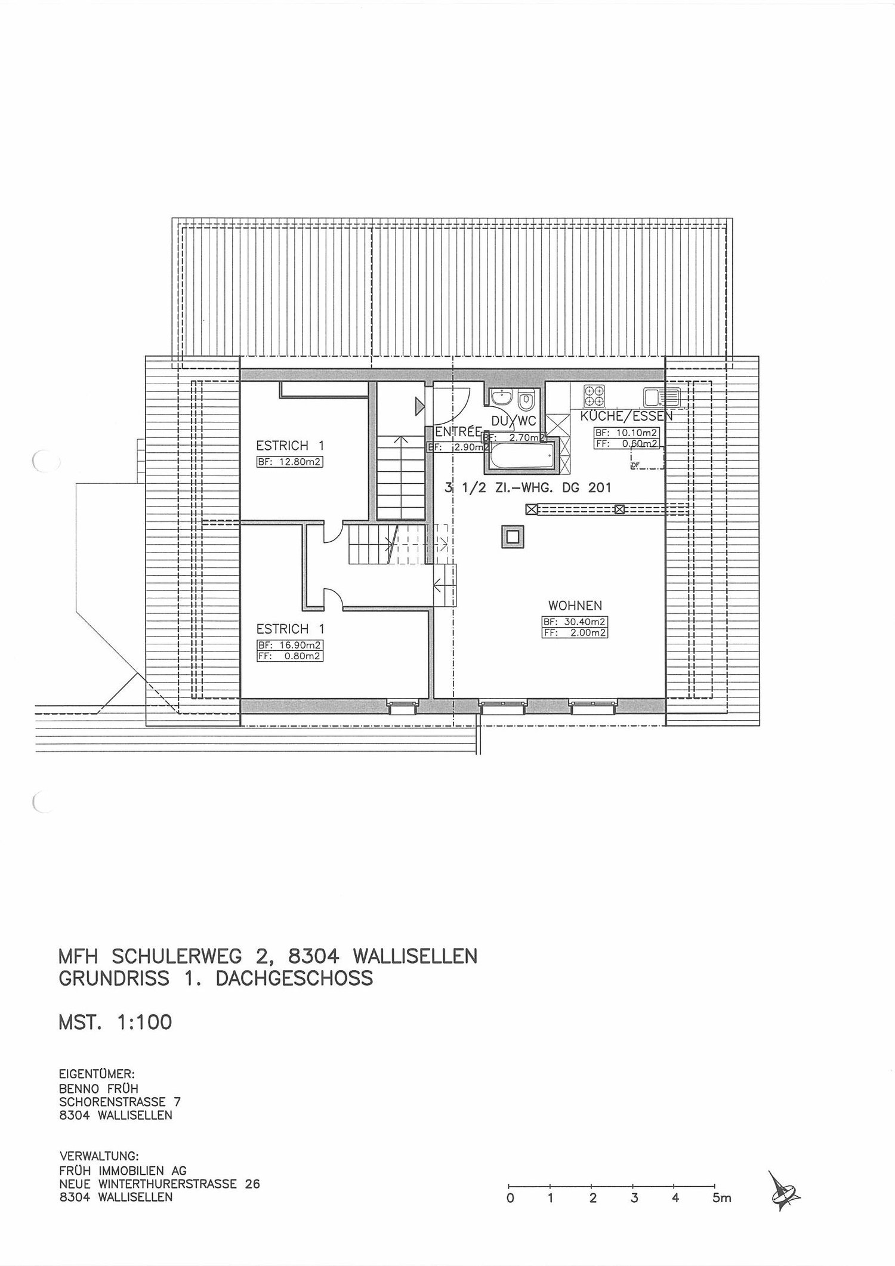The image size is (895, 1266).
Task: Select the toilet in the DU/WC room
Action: click(526, 398)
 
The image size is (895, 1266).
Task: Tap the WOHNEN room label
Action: click(575, 606)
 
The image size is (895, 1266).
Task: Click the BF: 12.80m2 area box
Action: click(290, 462)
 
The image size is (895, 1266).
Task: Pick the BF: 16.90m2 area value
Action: click(290, 645)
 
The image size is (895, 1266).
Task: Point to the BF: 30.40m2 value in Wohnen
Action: click(575, 622)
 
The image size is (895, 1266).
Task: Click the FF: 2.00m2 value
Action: click(575, 633)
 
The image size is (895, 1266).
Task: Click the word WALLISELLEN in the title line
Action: click(415, 956)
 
